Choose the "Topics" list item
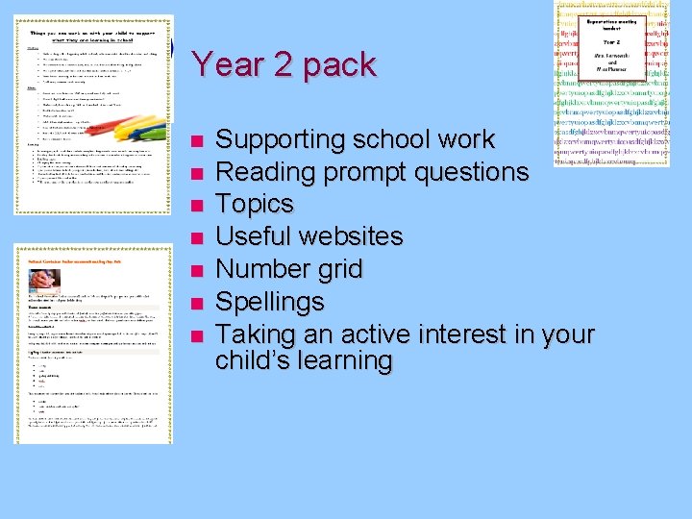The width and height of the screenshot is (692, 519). pos(255,205)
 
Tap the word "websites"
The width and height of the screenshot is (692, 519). pos(355,236)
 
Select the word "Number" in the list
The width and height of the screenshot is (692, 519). pos(261,269)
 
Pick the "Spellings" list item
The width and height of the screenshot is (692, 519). pos(269,303)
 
